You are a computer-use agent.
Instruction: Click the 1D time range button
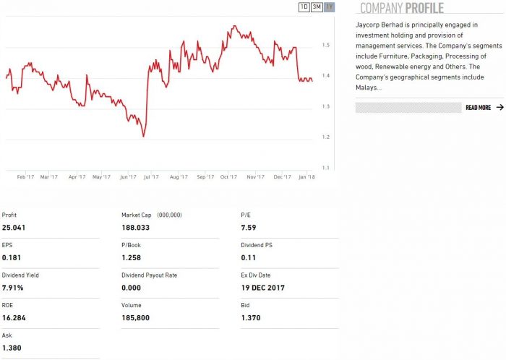coord(304,7)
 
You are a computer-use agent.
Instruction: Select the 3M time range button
coord(317,7)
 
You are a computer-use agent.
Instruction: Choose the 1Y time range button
coord(330,7)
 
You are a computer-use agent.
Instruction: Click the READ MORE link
coord(478,108)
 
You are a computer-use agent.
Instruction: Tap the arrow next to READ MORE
coord(499,108)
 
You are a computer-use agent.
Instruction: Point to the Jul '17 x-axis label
coord(153,176)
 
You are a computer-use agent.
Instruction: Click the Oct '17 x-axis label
coord(229,176)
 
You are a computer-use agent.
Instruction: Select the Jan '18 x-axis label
coord(307,176)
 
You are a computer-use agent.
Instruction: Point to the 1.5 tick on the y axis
coord(326,45)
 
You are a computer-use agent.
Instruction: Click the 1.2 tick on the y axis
coord(326,137)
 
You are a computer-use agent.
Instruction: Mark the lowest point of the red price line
coord(144,136)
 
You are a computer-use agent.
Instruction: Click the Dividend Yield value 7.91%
coord(13,288)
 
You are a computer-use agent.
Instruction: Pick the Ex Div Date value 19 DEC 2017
coord(263,288)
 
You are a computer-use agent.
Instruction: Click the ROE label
coord(8,305)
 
